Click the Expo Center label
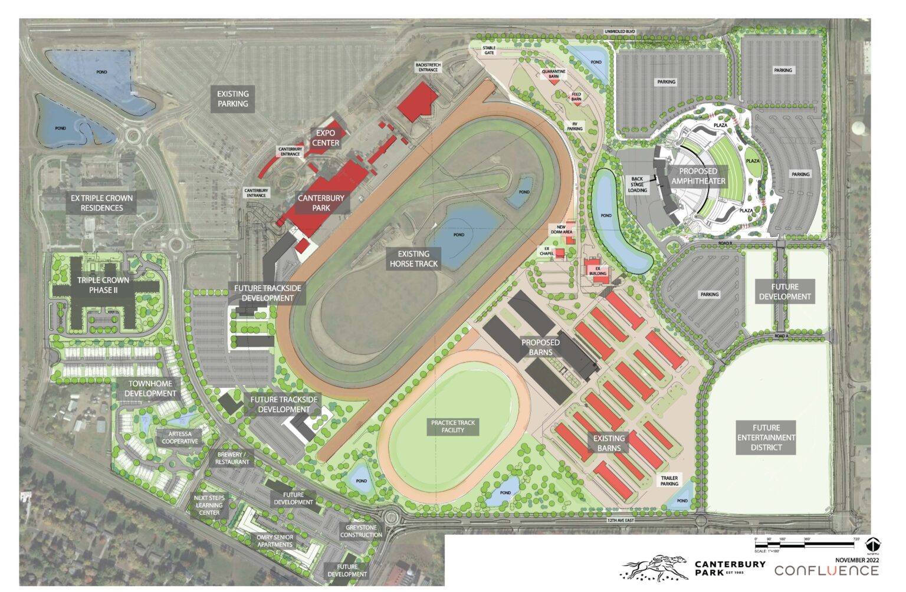click(326, 138)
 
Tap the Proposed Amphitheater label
click(698, 176)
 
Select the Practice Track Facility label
click(453, 426)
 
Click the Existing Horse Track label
click(413, 259)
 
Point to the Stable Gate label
click(489, 50)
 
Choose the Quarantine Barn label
click(553, 74)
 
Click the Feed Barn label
click(576, 97)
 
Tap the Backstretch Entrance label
click(428, 67)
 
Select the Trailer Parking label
click(669, 481)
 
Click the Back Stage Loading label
click(638, 185)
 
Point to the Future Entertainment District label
click(766, 438)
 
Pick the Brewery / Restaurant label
click(232, 458)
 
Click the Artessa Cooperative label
click(180, 438)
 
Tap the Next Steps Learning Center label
click(209, 505)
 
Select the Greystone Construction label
click(361, 531)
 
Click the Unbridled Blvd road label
click(619, 31)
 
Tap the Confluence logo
click(826, 571)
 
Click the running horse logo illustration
click(654, 567)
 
